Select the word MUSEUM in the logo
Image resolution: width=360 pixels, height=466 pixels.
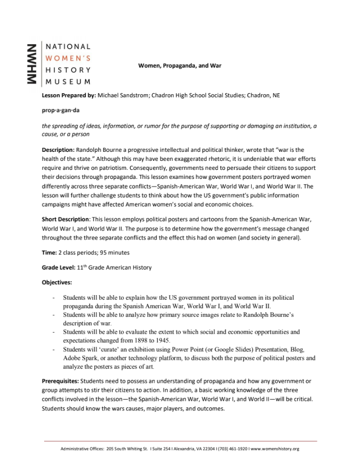tap(68, 81)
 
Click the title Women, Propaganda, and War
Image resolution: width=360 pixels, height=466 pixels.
tap(179, 66)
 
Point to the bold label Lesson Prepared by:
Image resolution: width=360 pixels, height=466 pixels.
tap(69, 95)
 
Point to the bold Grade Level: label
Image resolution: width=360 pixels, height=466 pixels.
tap(58, 268)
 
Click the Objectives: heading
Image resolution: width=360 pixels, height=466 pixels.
tap(57, 282)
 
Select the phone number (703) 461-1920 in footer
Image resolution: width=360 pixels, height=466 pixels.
tap(230, 449)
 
